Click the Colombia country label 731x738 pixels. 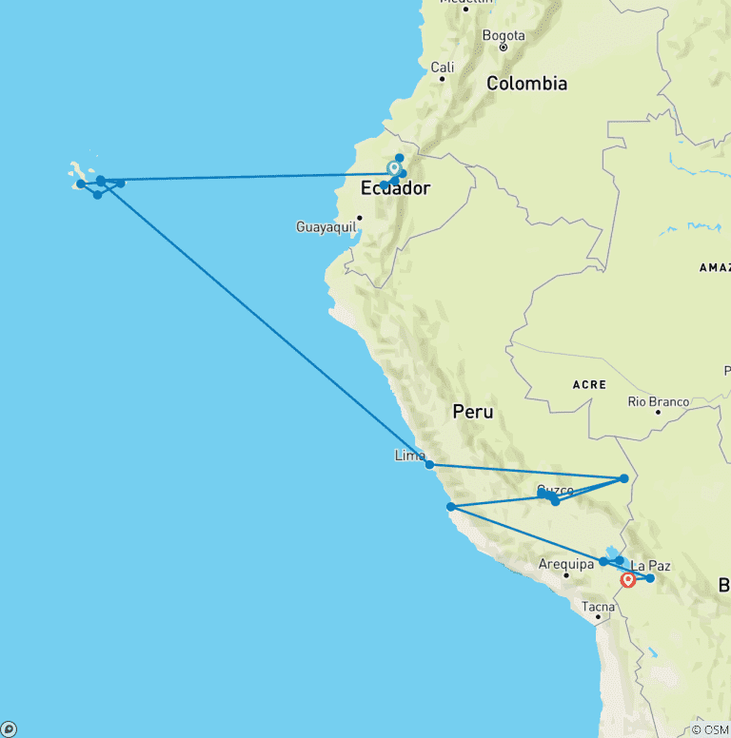pyautogui.click(x=526, y=84)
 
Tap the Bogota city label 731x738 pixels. pyautogui.click(x=504, y=36)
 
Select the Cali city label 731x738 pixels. pyautogui.click(x=443, y=67)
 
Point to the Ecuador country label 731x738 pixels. pyautogui.click(x=395, y=188)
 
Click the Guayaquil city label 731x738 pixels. pyautogui.click(x=326, y=227)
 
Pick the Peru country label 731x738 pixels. pyautogui.click(x=473, y=412)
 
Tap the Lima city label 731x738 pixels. pyautogui.click(x=409, y=456)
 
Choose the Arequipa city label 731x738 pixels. pyautogui.click(x=565, y=564)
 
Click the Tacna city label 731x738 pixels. pyautogui.click(x=599, y=607)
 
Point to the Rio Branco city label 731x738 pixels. pyautogui.click(x=658, y=402)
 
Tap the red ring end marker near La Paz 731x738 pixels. pyautogui.click(x=627, y=579)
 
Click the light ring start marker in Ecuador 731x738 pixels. pyautogui.click(x=394, y=168)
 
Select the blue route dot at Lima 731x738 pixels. pyautogui.click(x=430, y=465)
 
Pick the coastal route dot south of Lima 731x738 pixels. pyautogui.click(x=450, y=507)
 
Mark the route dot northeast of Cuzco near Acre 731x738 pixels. pyautogui.click(x=623, y=478)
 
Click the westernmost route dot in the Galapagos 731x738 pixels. pyautogui.click(x=81, y=184)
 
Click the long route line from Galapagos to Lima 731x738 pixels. pyautogui.click(x=267, y=324)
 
